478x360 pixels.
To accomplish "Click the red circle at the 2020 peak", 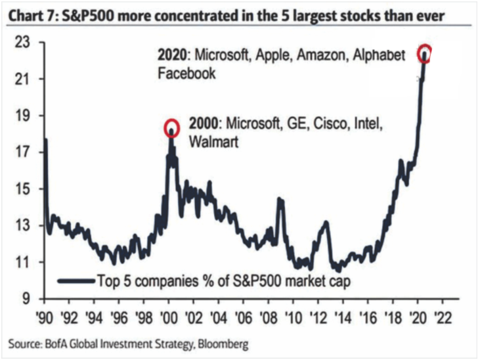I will (424, 52).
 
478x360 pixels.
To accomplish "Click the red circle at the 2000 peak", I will (171, 127).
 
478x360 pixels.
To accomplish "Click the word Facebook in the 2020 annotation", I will (186, 74).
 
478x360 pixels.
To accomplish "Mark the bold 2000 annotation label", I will (203, 124).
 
